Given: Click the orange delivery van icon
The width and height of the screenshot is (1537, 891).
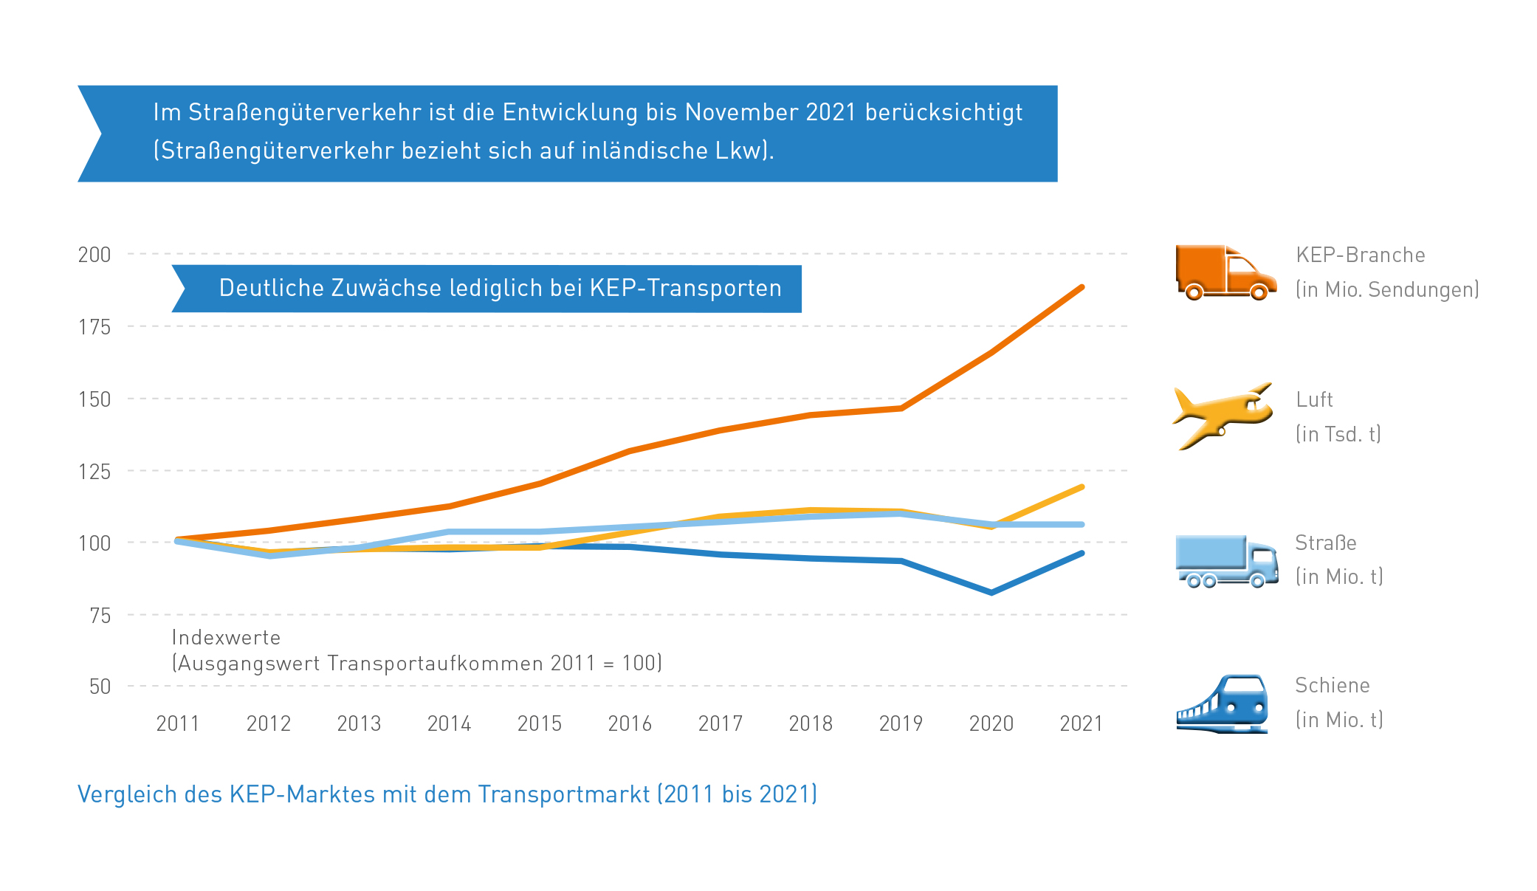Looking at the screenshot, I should [1225, 272].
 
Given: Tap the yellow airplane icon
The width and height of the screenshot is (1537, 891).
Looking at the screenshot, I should [1222, 416].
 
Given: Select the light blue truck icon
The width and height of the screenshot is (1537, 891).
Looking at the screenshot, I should [1226, 561].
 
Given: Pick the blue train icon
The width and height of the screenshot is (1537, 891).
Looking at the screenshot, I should [1223, 703].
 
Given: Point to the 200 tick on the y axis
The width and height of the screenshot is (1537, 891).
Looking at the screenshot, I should [94, 255].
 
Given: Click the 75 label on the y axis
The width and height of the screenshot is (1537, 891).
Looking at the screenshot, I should [100, 615].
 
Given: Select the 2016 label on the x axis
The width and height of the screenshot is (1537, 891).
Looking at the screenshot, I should [630, 723].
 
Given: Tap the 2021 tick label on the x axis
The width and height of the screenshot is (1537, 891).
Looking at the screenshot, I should [1082, 723].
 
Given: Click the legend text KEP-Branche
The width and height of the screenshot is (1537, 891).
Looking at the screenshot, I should [1360, 255].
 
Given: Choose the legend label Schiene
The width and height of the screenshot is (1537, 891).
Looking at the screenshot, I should [1332, 686].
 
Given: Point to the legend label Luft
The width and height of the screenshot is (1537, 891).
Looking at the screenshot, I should [1314, 400].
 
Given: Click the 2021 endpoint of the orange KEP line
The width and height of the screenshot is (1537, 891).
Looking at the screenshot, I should [1082, 287].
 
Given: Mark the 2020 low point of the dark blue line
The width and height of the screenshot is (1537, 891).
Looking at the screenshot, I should [991, 592].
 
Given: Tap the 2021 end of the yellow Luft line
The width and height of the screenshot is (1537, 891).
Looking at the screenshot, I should [1082, 487].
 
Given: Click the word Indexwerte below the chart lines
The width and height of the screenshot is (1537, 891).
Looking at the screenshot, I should [226, 637].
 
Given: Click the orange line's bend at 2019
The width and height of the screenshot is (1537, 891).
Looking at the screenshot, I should [901, 407].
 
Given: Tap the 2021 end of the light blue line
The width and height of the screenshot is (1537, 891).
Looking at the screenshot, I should [1082, 524].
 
